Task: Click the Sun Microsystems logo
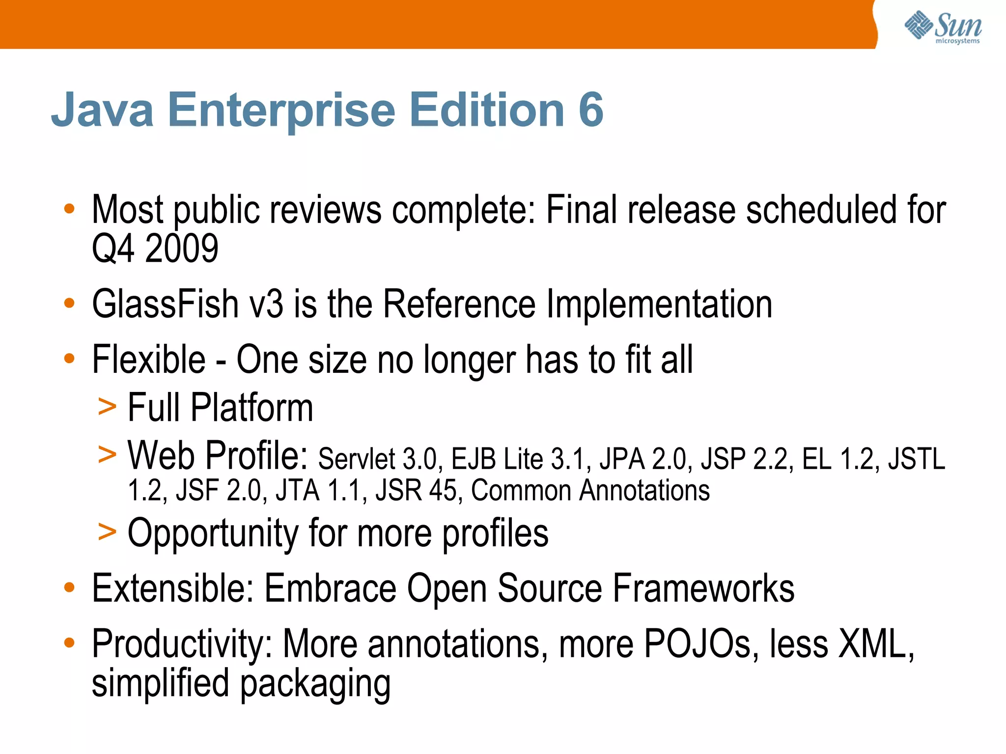click(x=943, y=28)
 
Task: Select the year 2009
click(x=182, y=249)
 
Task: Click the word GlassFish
click(x=165, y=304)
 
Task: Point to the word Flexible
click(x=148, y=360)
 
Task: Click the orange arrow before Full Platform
click(x=107, y=407)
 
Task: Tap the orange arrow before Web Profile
click(x=107, y=454)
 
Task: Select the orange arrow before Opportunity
click(x=107, y=532)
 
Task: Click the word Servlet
click(x=356, y=459)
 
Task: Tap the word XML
click(x=875, y=643)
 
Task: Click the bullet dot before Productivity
click(x=69, y=642)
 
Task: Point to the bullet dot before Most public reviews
click(x=69, y=209)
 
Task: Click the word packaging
click(x=315, y=684)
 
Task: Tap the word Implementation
click(x=659, y=304)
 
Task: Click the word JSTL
click(x=916, y=459)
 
